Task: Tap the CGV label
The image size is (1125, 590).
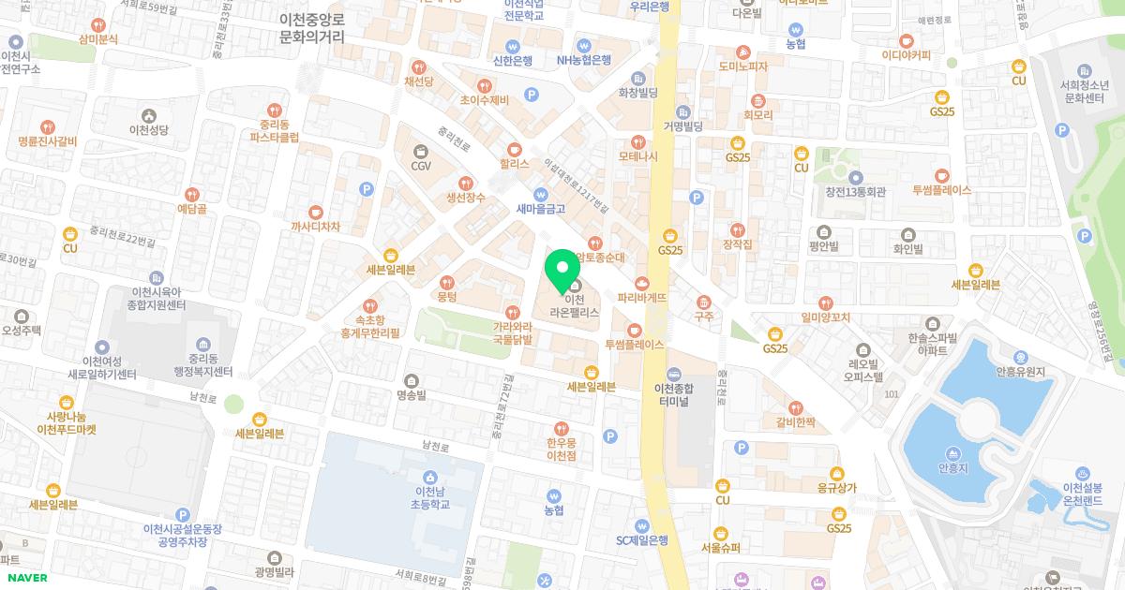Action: pyautogui.click(x=420, y=166)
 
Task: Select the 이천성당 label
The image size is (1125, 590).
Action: pyautogui.click(x=148, y=130)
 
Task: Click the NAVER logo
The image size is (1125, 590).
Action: pyautogui.click(x=25, y=577)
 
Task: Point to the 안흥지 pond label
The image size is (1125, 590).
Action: pyautogui.click(x=952, y=465)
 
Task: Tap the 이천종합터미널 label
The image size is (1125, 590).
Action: pyautogui.click(x=671, y=394)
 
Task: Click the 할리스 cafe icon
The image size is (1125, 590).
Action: pyautogui.click(x=514, y=149)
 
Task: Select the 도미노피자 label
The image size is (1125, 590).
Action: pyautogui.click(x=743, y=66)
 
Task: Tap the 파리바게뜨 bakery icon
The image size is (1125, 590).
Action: pyautogui.click(x=642, y=282)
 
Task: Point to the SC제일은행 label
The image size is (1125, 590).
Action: pyautogui.click(x=641, y=539)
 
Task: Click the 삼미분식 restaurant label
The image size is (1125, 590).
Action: pyautogui.click(x=98, y=39)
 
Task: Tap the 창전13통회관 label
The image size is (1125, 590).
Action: pyautogui.click(x=855, y=192)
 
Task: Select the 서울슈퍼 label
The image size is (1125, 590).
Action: pyautogui.click(x=720, y=547)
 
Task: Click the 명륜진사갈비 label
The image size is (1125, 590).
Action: pyautogui.click(x=47, y=141)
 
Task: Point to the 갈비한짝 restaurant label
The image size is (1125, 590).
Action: pyautogui.click(x=796, y=422)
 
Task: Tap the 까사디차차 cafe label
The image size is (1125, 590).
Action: pyautogui.click(x=315, y=227)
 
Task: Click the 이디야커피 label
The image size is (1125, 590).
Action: pyautogui.click(x=906, y=55)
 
